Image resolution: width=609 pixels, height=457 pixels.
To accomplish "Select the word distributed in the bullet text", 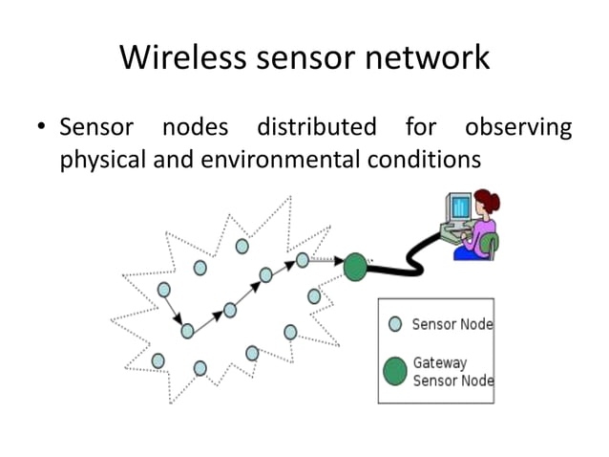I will [x=316, y=127].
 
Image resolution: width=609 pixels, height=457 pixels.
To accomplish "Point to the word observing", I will [x=517, y=127].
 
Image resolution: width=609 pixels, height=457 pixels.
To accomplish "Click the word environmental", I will [x=282, y=159].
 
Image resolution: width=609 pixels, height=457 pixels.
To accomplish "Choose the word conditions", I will [x=424, y=159].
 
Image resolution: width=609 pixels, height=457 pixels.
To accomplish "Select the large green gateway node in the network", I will [x=355, y=267].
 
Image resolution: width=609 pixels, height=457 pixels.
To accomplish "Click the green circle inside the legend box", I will [x=395, y=370].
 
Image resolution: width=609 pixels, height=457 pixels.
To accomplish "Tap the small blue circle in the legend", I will [x=395, y=324].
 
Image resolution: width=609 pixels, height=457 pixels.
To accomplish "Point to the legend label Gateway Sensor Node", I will [x=452, y=371].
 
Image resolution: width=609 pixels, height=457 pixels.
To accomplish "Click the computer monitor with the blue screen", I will [x=460, y=207].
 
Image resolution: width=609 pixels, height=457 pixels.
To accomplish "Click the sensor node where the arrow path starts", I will [x=163, y=289].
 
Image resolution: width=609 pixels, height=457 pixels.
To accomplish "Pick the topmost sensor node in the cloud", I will [x=242, y=246].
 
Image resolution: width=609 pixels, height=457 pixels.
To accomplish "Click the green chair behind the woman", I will [x=492, y=247].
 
